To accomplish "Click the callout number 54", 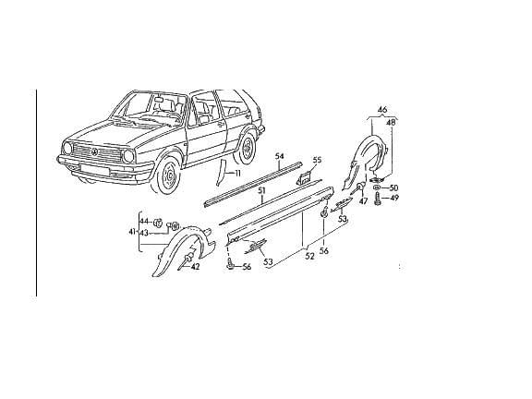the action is pyautogui.click(x=279, y=156).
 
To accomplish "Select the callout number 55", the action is pyautogui.click(x=317, y=160).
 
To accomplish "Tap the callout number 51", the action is pyautogui.click(x=261, y=191).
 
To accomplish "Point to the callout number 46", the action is pyautogui.click(x=382, y=110).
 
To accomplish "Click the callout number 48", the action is pyautogui.click(x=392, y=123).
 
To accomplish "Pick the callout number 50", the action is pyautogui.click(x=393, y=188).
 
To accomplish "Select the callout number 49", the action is pyautogui.click(x=393, y=198).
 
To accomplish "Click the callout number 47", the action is pyautogui.click(x=363, y=201).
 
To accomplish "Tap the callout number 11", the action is pyautogui.click(x=237, y=174).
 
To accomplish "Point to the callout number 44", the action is pyautogui.click(x=144, y=222).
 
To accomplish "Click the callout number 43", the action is pyautogui.click(x=144, y=233).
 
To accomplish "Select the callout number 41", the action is pyautogui.click(x=132, y=232).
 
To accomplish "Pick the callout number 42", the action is pyautogui.click(x=195, y=267).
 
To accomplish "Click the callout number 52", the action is pyautogui.click(x=309, y=257).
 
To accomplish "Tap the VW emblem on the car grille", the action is pyautogui.click(x=95, y=151).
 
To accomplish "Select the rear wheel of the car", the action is pyautogui.click(x=248, y=148).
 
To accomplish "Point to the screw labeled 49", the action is pyautogui.click(x=377, y=199).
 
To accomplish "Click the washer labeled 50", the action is pyautogui.click(x=376, y=187).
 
